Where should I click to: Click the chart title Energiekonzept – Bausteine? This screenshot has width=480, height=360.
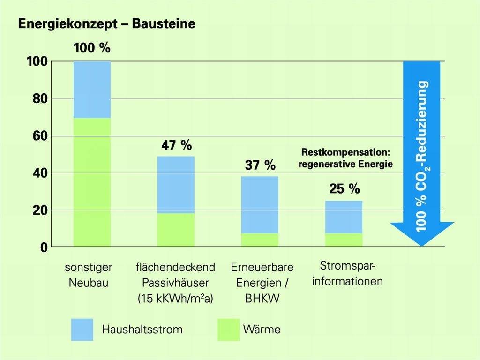106,24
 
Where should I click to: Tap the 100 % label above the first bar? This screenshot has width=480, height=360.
92,48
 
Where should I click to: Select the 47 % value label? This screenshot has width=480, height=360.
176,145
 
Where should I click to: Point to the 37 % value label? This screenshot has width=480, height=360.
260,165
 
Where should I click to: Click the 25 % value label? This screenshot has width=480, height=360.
344,189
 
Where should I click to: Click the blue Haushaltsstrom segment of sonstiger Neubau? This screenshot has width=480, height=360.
92,90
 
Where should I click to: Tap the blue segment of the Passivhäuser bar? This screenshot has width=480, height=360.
176,185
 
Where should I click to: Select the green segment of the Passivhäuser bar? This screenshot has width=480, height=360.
176,230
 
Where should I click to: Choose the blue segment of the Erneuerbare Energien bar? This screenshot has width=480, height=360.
260,205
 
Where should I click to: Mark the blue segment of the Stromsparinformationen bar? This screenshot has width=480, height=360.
344,217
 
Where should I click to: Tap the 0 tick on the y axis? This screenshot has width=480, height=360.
43,247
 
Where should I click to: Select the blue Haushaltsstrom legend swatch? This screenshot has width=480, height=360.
82,330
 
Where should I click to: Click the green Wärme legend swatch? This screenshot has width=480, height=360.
229,330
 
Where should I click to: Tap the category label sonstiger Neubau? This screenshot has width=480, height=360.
89,275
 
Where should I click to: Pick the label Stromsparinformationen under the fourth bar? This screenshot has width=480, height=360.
348,274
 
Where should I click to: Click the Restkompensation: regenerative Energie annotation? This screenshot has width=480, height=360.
347,159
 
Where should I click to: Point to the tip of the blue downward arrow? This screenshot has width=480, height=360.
422,245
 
